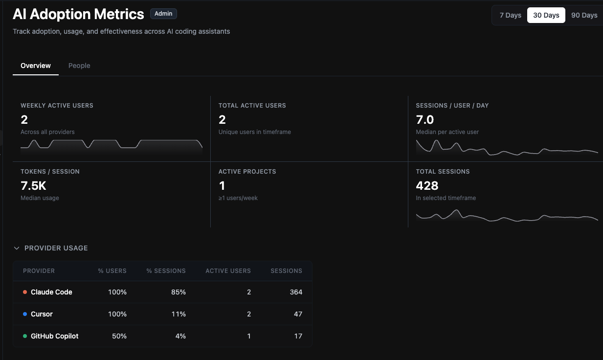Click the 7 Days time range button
pyautogui.click(x=510, y=15)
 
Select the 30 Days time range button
pyautogui.click(x=546, y=15)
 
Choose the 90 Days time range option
pyautogui.click(x=584, y=15)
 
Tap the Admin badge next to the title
pyautogui.click(x=163, y=14)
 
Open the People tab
pyautogui.click(x=79, y=66)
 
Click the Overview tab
pyautogui.click(x=36, y=66)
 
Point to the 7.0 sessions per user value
pyautogui.click(x=424, y=120)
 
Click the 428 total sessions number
pyautogui.click(x=427, y=186)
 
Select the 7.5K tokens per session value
pyautogui.click(x=33, y=186)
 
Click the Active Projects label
pyautogui.click(x=247, y=172)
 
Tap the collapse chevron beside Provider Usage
pyautogui.click(x=17, y=248)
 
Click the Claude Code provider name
pyautogui.click(x=51, y=292)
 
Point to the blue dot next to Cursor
pyautogui.click(x=25, y=314)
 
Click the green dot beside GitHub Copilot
pyautogui.click(x=25, y=336)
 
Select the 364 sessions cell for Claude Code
pyautogui.click(x=295, y=292)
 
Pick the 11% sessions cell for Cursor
pyautogui.click(x=179, y=314)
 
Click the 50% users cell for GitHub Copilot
pyautogui.click(x=119, y=336)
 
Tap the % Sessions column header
pyautogui.click(x=166, y=270)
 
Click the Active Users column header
pyautogui.click(x=228, y=270)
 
